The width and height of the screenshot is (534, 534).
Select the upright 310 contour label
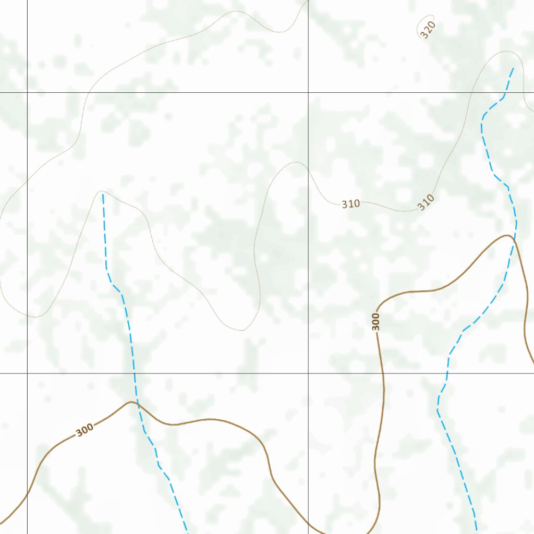(x=351, y=204)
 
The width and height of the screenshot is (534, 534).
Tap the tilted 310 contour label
(x=426, y=202)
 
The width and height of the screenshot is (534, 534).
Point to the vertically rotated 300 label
(x=375, y=321)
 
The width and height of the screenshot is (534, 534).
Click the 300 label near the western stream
(x=84, y=430)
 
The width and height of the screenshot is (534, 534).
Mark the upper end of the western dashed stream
(x=103, y=194)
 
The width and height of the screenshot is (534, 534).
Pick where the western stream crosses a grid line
(x=135, y=373)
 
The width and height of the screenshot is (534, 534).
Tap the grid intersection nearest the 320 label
(x=308, y=92)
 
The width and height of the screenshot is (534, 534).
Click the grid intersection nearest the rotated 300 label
(x=308, y=373)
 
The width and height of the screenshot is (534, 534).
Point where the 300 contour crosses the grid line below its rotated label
(x=383, y=373)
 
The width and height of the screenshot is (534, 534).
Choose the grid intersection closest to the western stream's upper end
(x=27, y=92)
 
